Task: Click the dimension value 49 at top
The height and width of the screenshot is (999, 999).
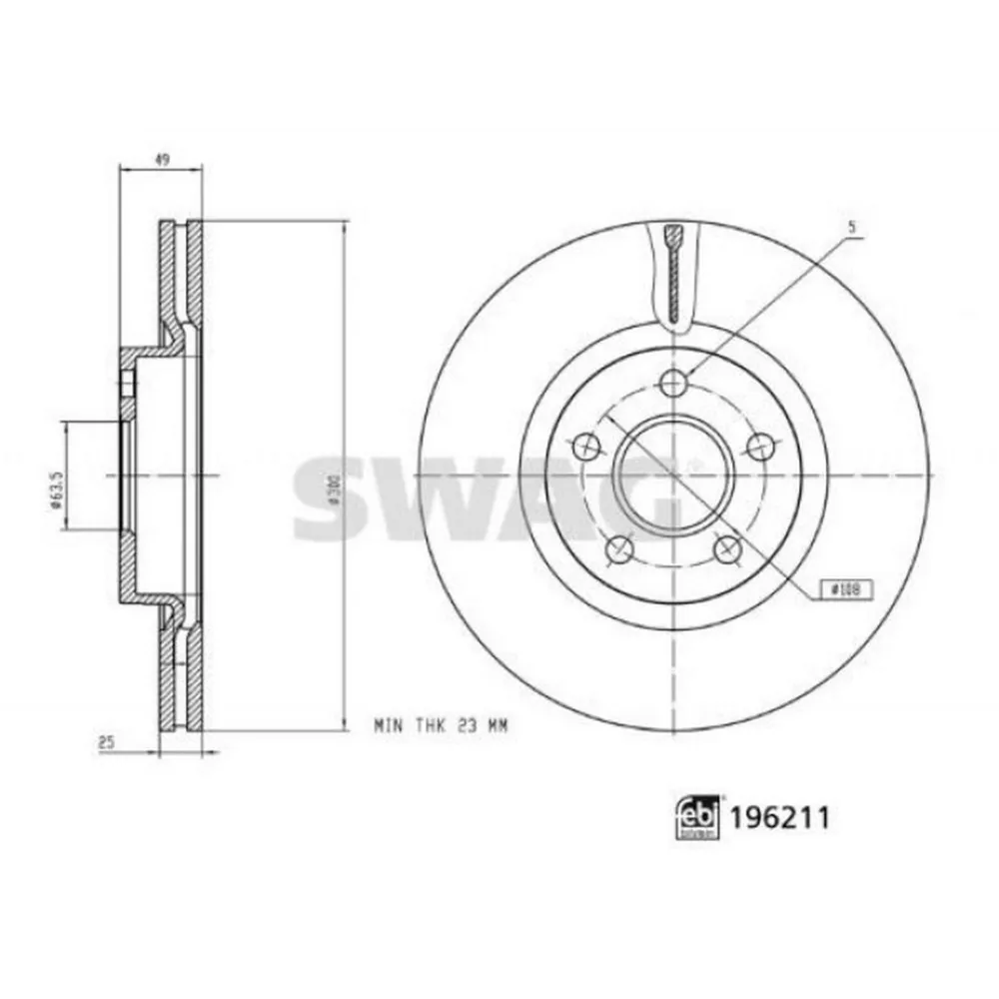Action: click(x=160, y=158)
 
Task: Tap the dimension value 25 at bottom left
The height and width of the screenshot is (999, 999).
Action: click(x=103, y=742)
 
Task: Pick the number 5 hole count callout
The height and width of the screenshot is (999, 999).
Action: click(x=851, y=227)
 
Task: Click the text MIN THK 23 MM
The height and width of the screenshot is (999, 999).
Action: click(x=441, y=726)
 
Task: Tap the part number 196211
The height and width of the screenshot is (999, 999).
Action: click(x=780, y=818)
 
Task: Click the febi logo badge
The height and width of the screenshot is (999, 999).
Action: click(x=697, y=818)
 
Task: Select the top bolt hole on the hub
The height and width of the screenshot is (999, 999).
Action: click(x=675, y=381)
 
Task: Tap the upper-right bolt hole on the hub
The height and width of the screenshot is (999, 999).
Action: click(x=765, y=446)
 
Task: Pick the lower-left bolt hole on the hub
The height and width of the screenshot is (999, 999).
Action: click(x=620, y=548)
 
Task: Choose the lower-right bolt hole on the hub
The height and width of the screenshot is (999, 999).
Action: click(x=730, y=548)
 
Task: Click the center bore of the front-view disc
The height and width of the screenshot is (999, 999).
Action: click(x=675, y=473)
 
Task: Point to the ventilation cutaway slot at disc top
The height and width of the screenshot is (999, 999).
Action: click(x=675, y=272)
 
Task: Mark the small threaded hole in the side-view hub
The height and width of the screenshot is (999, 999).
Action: click(x=127, y=384)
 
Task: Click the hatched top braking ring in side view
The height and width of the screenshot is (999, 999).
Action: click(x=180, y=270)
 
